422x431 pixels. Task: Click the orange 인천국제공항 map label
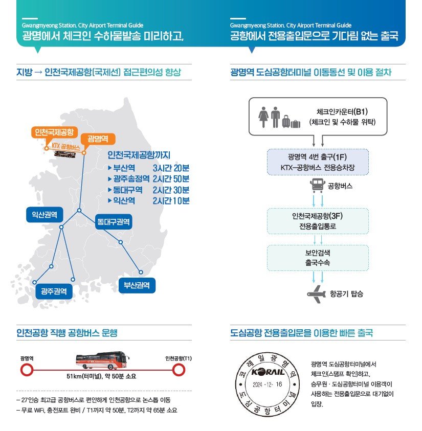point(54,132)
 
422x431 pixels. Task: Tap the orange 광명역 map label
point(98,139)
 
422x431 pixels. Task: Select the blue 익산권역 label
point(45,215)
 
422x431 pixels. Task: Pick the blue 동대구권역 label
point(114,221)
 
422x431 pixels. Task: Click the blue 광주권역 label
point(54,291)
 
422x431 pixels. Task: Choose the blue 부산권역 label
point(137,285)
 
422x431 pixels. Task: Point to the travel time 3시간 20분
point(171,168)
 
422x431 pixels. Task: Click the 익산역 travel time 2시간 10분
point(171,200)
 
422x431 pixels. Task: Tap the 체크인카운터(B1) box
point(318,117)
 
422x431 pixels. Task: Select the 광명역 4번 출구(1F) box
point(318,162)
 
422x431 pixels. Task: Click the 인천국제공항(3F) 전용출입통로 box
point(318,221)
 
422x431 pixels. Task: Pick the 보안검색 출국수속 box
point(318,258)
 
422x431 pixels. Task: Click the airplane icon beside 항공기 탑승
point(317,294)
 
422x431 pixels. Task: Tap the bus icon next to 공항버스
point(318,186)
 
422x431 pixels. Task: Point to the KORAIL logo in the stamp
point(268,372)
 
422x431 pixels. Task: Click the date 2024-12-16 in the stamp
point(267,384)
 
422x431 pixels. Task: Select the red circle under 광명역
point(27,370)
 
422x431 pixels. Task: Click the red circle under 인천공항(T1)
point(179,370)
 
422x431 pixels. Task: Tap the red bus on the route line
point(102,360)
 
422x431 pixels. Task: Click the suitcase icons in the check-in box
point(291,122)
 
